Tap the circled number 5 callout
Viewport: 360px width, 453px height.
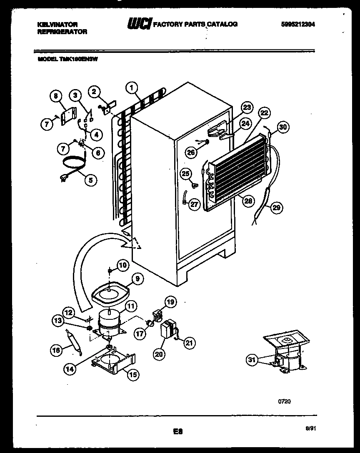[x=90, y=180]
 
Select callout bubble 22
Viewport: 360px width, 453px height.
[x=264, y=113]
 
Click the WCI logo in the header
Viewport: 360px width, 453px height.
[x=140, y=24]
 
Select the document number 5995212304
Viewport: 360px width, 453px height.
[x=298, y=24]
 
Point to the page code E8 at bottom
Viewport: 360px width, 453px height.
[x=179, y=432]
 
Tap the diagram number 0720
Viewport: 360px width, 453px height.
[x=284, y=402]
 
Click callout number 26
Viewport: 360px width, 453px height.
[x=190, y=152]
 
